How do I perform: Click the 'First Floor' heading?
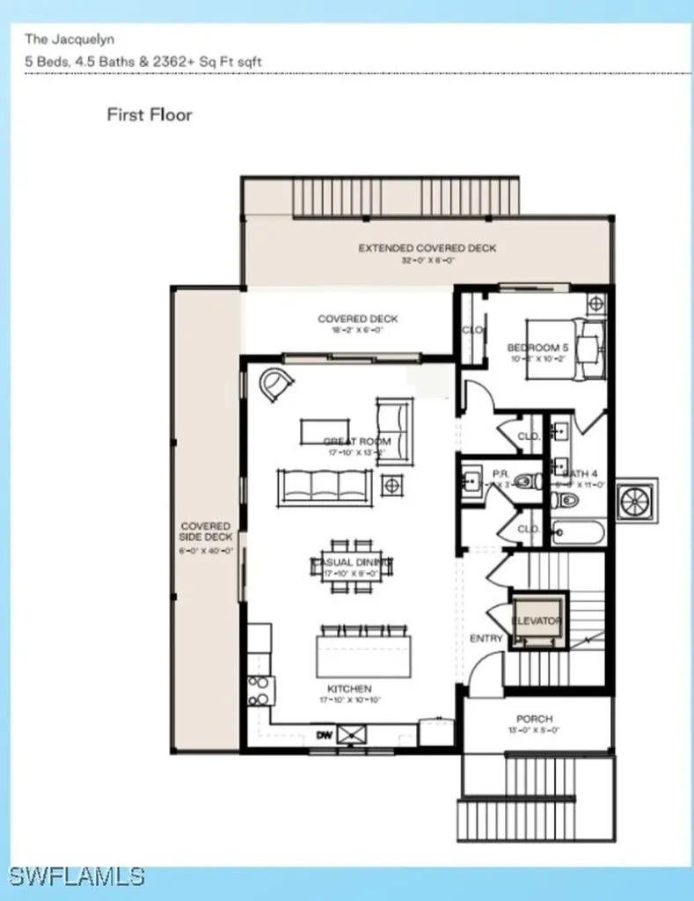149,114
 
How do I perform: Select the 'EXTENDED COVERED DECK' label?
427,248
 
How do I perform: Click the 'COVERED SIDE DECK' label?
205,531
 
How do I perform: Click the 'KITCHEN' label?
349,688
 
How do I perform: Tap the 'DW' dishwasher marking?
325,734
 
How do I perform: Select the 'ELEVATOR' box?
537,621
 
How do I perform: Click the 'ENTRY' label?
486,638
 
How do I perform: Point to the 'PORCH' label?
534,718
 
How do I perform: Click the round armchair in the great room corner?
277,384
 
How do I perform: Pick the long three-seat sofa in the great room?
325,487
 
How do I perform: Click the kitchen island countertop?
363,656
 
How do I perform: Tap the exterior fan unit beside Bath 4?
636,500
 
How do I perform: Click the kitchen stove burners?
259,691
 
